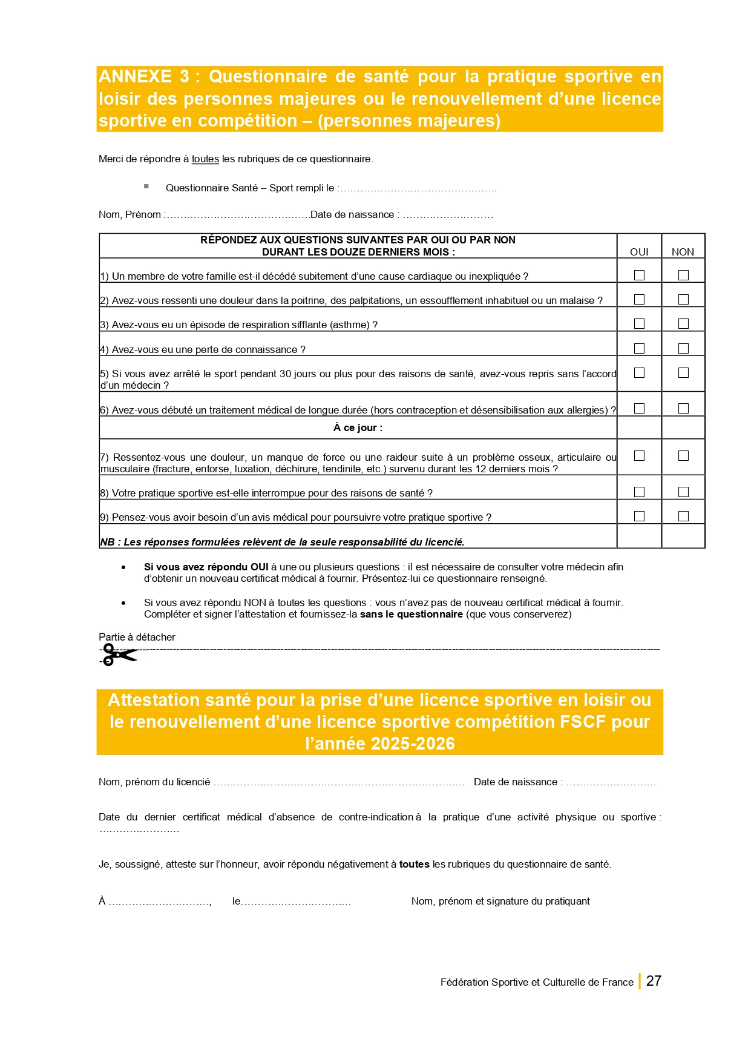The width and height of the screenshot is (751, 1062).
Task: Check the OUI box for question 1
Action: (639, 275)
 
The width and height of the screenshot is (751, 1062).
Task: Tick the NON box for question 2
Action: (683, 300)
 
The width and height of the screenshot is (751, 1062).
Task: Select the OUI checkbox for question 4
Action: (639, 349)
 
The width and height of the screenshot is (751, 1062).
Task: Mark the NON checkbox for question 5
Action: (683, 373)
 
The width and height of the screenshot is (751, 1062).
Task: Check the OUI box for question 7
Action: (639, 456)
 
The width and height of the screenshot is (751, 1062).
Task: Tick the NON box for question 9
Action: (683, 516)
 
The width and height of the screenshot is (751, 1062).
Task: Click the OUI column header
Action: (639, 252)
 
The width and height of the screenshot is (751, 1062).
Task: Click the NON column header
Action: (683, 252)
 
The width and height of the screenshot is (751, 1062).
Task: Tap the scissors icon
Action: (118, 655)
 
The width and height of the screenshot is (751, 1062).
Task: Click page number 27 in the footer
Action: (654, 981)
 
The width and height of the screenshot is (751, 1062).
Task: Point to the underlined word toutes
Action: (205, 159)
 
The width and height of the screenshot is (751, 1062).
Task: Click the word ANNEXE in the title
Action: (135, 77)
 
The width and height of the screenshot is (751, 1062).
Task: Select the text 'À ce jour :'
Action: (358, 428)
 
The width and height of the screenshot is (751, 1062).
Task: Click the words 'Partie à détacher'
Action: (137, 637)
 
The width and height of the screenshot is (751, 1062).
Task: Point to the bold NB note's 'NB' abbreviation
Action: (107, 543)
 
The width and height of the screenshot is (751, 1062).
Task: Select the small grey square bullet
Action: (146, 186)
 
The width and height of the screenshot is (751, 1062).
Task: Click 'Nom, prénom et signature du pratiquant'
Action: (500, 901)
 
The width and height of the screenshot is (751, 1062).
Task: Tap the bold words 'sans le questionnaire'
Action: (411, 615)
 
